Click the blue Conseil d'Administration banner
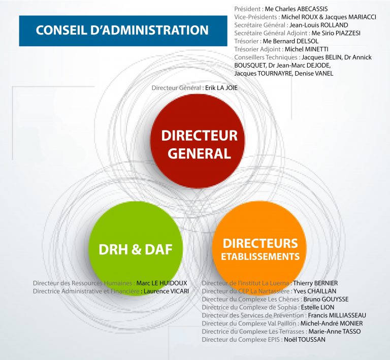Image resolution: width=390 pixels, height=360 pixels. [x=123, y=31]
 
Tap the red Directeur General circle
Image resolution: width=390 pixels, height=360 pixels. [x=198, y=141]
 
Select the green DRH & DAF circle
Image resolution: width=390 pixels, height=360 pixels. [x=136, y=248]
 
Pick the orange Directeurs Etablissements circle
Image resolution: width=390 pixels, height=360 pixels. [x=259, y=248]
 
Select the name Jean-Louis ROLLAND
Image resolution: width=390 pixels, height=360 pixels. [x=318, y=25]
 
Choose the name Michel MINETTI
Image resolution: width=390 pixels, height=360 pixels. [x=306, y=49]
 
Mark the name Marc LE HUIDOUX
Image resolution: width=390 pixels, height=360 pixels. [x=161, y=283]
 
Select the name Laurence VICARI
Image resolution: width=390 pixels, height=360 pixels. [x=166, y=291]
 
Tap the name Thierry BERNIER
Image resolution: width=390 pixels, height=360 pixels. [x=315, y=283]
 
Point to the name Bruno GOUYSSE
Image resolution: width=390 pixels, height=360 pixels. [x=326, y=299]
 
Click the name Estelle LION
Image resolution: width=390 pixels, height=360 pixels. [x=317, y=307]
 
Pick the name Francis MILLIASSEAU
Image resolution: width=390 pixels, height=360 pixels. [x=337, y=315]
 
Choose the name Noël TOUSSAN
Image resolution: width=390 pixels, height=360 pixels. [x=305, y=339]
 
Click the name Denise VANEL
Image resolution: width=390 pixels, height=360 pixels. [x=314, y=73]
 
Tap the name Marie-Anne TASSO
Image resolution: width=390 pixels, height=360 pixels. [x=335, y=332]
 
